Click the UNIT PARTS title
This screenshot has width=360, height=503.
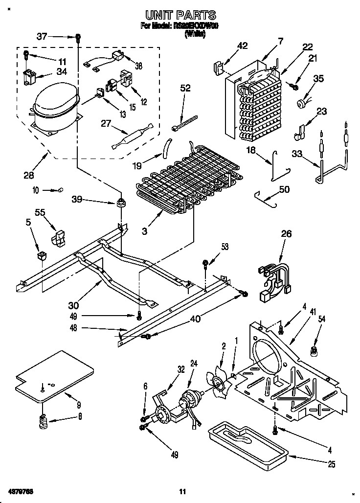(180, 16)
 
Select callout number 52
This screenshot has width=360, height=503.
(185, 89)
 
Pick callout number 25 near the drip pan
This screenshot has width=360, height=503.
(332, 464)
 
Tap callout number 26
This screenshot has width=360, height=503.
(286, 234)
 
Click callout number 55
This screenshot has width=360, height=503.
(41, 212)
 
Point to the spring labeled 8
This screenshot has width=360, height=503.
(44, 420)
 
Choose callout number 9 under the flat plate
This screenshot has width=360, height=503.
(79, 405)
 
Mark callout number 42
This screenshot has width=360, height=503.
(242, 46)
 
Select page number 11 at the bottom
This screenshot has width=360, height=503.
(182, 491)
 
